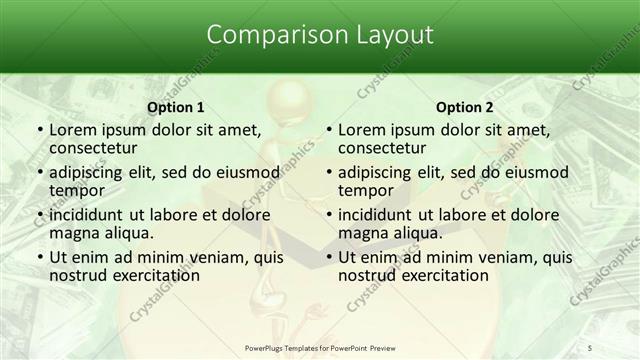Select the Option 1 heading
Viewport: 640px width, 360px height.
(x=175, y=107)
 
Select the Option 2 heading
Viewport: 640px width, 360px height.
(x=465, y=107)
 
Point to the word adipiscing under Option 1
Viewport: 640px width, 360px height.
(x=92, y=172)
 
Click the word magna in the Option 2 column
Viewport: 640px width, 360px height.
(x=362, y=233)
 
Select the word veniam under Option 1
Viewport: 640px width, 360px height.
(x=218, y=257)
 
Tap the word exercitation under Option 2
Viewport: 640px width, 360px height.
(x=441, y=275)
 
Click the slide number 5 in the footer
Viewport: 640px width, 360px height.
(x=619, y=348)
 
